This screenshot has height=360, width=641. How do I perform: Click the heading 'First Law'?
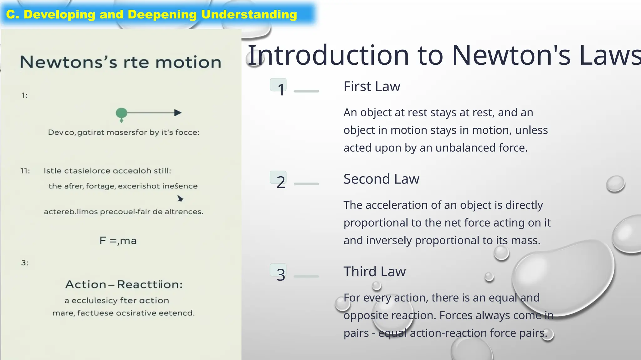372,87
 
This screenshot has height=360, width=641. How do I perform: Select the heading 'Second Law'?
381,179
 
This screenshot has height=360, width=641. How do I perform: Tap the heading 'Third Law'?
375,272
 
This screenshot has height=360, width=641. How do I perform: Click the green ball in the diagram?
121,113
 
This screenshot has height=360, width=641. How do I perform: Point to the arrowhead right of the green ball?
178,112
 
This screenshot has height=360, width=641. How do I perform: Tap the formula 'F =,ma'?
118,241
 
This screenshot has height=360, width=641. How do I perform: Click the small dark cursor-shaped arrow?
180,198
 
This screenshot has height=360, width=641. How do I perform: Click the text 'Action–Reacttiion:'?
124,284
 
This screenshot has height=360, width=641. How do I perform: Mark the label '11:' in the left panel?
25,171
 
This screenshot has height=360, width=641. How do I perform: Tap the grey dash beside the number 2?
306,184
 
